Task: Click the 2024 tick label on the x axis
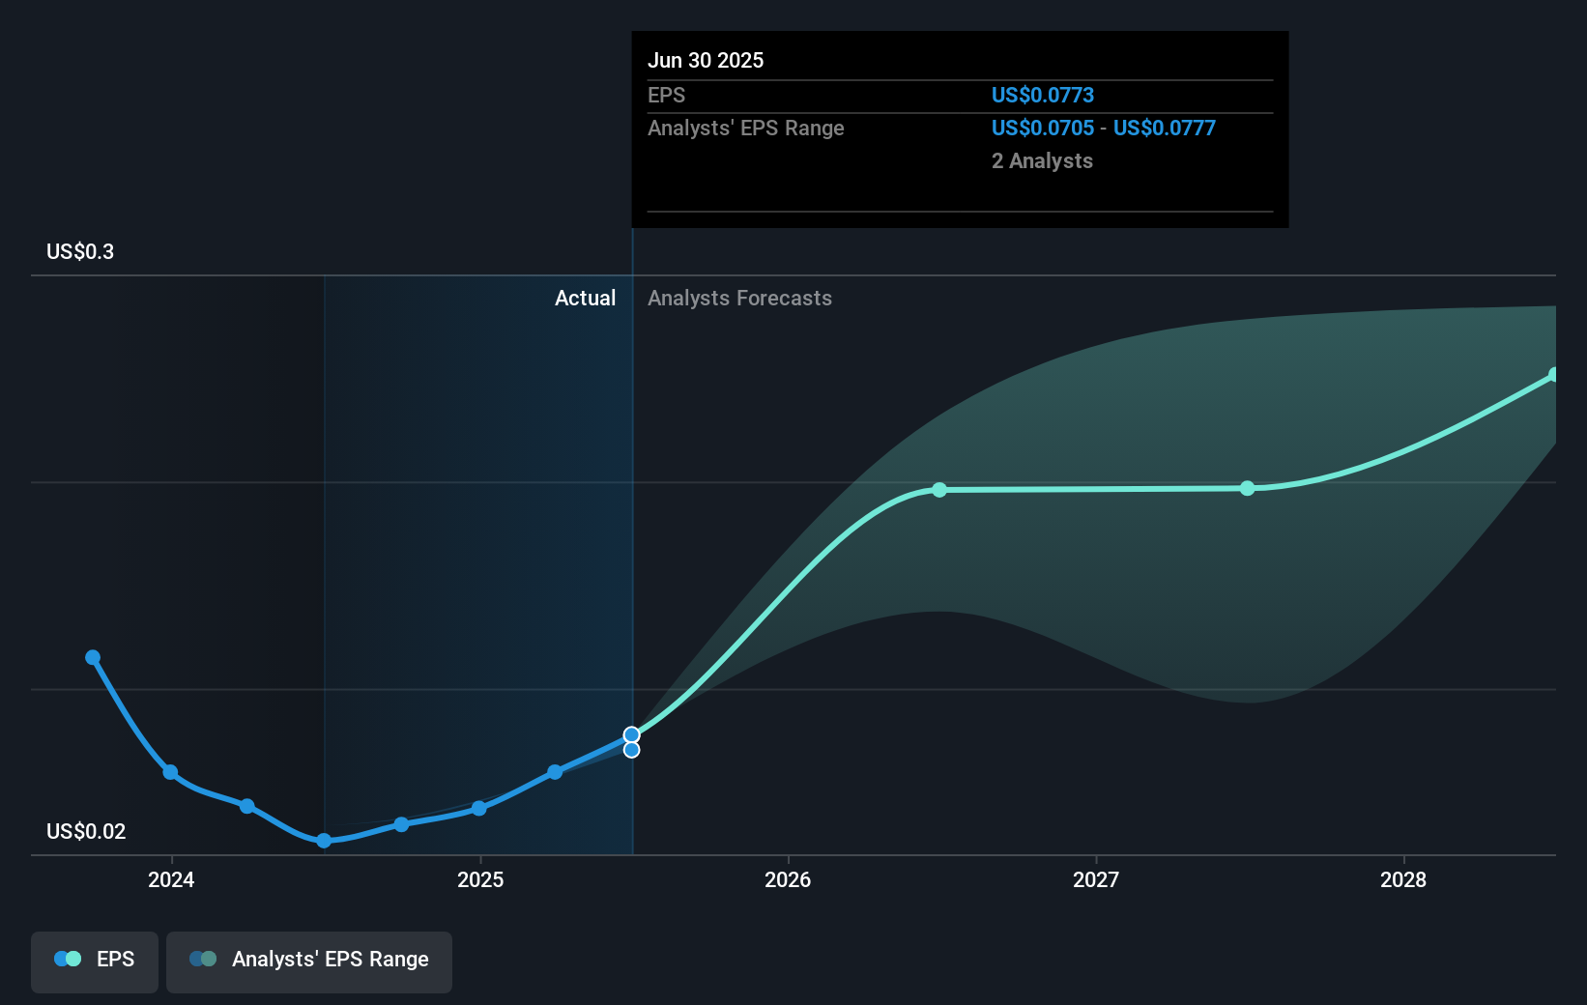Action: click(171, 879)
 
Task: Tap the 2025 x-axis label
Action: click(480, 879)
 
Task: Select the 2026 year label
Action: click(788, 879)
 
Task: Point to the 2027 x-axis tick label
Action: click(1096, 879)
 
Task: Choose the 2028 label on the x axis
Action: click(1403, 879)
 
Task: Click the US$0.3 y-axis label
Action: click(80, 252)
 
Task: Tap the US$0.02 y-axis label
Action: click(86, 831)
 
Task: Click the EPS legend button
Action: click(95, 960)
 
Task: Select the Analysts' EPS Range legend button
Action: click(309, 960)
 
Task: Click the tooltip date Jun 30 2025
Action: click(706, 61)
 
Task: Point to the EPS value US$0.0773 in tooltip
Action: click(1043, 95)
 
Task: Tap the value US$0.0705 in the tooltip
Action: click(1043, 129)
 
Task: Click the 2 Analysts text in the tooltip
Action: click(1042, 161)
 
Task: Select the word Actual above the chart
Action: click(585, 299)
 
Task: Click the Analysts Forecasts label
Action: click(739, 299)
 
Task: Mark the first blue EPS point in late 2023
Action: click(93, 657)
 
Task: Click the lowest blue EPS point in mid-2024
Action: click(324, 841)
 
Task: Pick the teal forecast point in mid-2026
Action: click(939, 490)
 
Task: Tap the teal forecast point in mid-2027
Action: click(1248, 488)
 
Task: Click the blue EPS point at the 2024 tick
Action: click(170, 772)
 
